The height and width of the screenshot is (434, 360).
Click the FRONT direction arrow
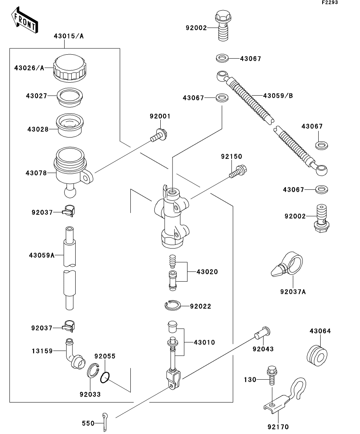pos(24,20)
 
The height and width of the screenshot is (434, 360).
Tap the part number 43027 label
pos(36,96)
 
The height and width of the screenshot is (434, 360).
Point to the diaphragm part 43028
pos(70,126)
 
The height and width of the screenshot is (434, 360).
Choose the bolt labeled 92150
pos(238,172)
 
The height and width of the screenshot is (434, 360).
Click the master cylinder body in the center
pos(172,216)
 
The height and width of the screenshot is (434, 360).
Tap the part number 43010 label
pos(204,342)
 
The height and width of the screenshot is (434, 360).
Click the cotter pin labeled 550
pos(105,422)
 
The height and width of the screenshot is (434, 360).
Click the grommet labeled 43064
pos(317,356)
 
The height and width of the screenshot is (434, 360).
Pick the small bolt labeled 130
pos(271,376)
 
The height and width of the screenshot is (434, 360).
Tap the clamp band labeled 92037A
pos(287,264)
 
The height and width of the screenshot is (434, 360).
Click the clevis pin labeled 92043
pos(262,332)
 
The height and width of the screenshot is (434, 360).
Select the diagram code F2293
pos(330,2)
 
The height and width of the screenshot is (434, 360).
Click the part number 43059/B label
pos(278,96)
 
